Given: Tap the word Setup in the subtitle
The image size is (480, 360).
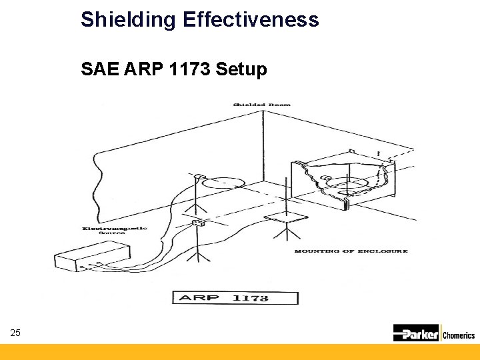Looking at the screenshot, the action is point(242,69).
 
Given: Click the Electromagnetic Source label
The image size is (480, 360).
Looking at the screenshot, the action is point(115,231).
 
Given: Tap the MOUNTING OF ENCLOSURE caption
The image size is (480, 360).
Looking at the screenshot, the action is point(351,251).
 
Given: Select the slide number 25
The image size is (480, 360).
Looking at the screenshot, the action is point(15,332).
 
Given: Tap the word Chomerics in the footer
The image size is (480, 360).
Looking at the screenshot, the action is point(459,335).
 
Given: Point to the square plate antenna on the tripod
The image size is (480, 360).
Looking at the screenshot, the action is point(285,217).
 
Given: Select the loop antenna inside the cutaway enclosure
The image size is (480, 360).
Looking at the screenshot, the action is point(346,181).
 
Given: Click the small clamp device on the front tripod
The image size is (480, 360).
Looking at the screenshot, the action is point(197,223).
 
